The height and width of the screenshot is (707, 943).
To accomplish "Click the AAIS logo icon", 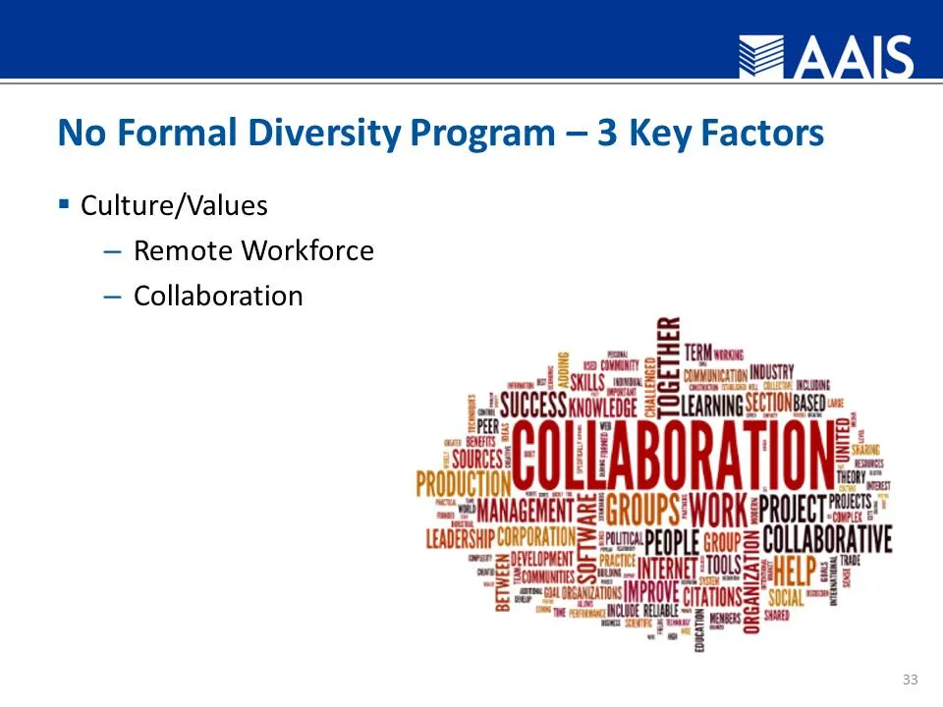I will (x=761, y=57).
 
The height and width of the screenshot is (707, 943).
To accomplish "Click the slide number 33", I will (x=910, y=680).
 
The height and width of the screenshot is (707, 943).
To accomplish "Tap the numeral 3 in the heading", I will (x=607, y=133).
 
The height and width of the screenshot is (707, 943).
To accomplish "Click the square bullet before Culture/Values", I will (x=64, y=204).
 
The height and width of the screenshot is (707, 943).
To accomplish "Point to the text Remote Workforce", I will (x=253, y=251).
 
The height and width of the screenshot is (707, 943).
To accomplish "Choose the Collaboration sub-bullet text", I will (x=218, y=296).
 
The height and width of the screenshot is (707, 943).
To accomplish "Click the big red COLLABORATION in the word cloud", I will (x=672, y=456).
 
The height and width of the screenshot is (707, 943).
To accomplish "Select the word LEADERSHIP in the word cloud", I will (x=460, y=538).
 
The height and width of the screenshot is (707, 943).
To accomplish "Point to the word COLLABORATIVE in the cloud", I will (x=827, y=539).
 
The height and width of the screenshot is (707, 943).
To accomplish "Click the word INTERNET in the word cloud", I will (x=667, y=568).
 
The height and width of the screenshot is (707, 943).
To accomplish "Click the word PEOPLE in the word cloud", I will (x=672, y=541).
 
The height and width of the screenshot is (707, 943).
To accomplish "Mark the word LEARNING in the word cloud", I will (x=711, y=404).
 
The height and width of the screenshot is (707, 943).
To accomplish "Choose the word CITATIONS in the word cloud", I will (x=711, y=595).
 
